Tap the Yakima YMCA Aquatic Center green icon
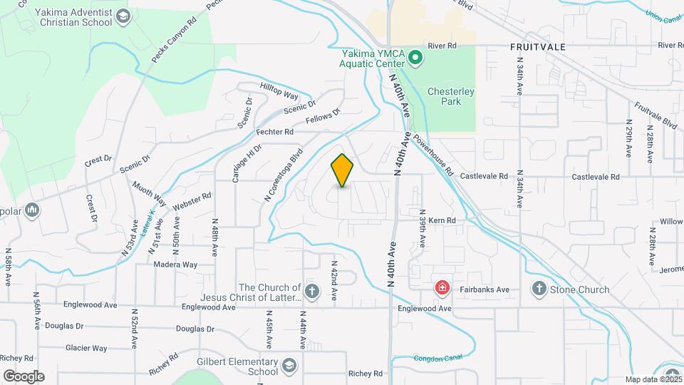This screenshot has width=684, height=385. (x=417, y=57)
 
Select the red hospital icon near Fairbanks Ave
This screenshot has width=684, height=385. (x=442, y=289)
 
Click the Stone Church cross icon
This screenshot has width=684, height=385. (x=539, y=289)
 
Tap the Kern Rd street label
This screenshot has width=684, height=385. (x=442, y=221)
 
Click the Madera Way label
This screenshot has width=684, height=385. (x=175, y=265)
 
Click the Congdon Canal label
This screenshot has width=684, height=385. (x=433, y=358)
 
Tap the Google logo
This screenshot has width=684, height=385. (x=24, y=376)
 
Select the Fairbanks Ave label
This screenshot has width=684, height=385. (x=484, y=289)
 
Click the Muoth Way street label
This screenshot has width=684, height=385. (x=148, y=193)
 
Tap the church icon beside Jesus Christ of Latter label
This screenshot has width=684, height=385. (x=311, y=291)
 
